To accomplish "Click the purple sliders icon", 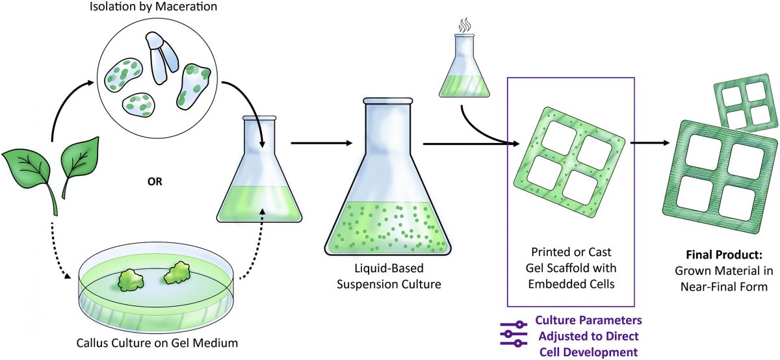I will (x=513, y=333).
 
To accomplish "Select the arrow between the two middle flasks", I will (x=322, y=142).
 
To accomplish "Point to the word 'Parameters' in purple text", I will (x=606, y=321).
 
